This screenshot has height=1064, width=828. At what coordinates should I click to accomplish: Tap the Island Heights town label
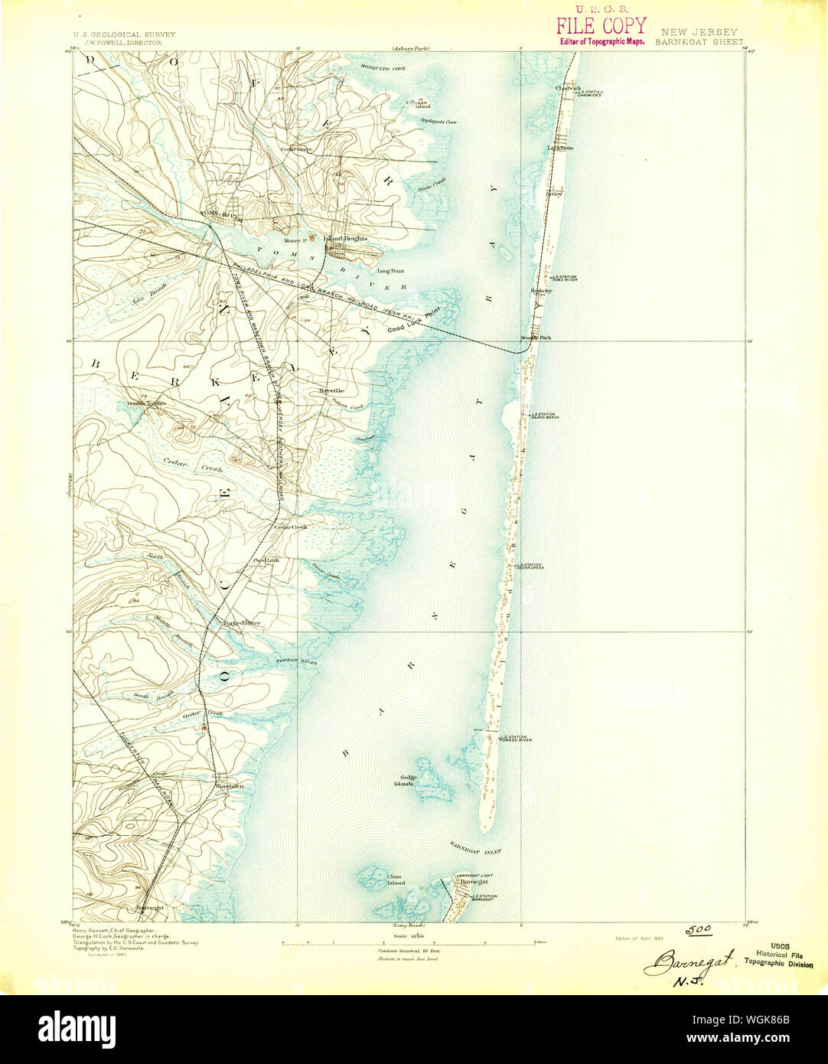click(345, 239)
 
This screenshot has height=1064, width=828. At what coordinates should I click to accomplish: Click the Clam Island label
click(395, 880)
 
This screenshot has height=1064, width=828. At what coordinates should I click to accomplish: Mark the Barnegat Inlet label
click(474, 849)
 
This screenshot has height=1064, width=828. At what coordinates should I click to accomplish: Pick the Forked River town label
click(241, 623)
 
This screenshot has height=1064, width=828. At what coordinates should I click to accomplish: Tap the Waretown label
click(229, 786)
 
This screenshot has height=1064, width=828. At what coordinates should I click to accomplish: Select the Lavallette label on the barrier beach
click(560, 147)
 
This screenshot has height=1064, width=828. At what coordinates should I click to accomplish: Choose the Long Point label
click(390, 270)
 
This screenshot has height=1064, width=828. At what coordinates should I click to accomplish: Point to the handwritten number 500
click(697, 930)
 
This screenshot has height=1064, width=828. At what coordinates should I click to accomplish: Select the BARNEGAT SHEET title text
click(698, 43)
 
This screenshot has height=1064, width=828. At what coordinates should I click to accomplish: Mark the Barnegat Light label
click(476, 875)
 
